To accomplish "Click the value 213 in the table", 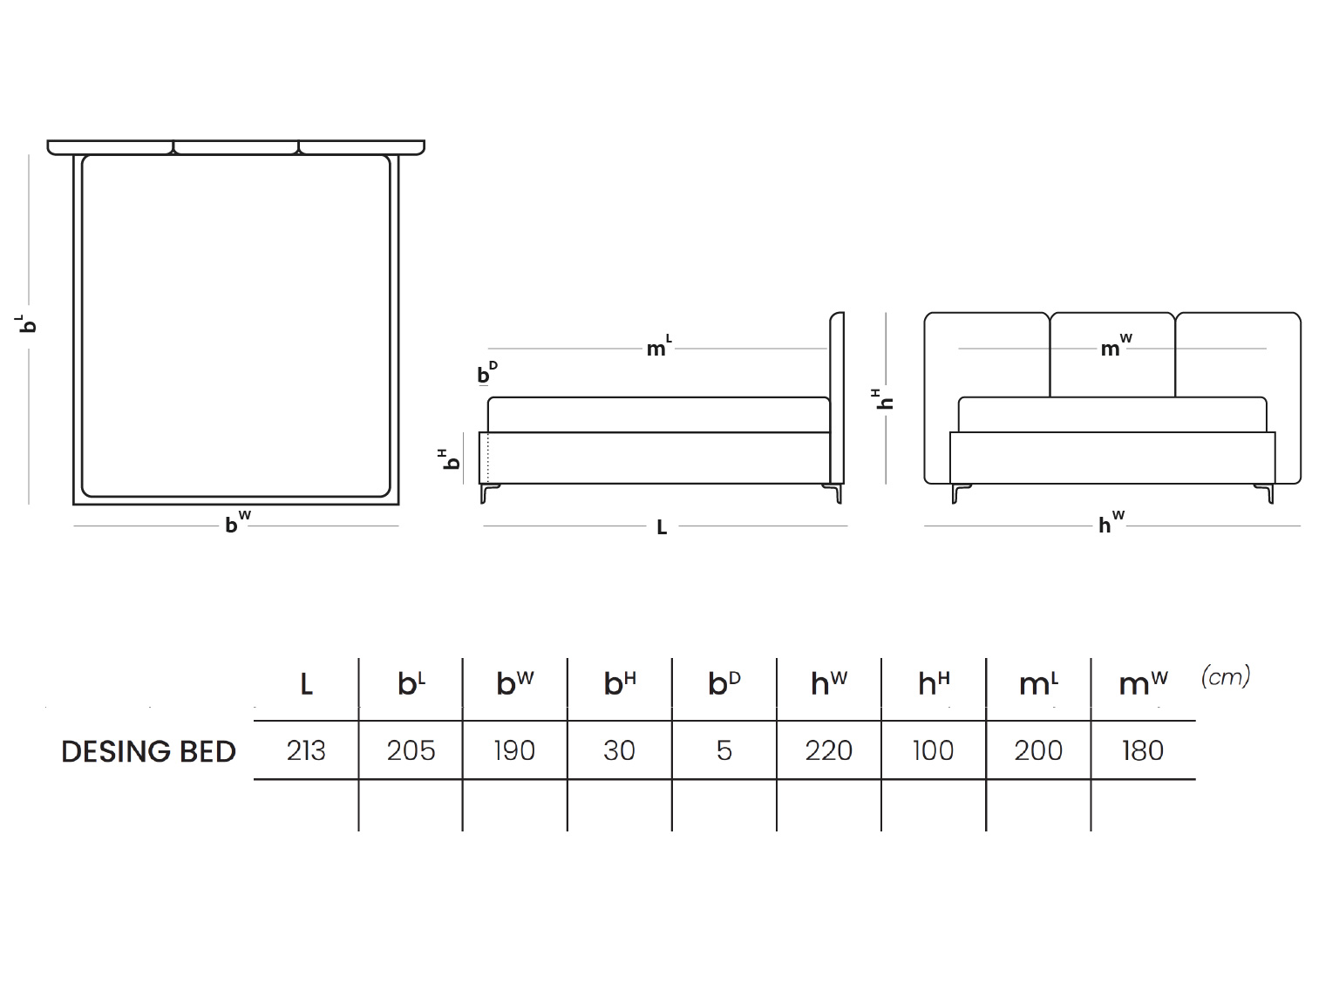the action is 306,750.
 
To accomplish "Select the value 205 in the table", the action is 411,750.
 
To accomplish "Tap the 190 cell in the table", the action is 514,750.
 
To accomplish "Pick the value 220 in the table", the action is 828,750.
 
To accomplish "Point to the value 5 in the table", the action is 724,750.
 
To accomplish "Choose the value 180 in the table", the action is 1143,750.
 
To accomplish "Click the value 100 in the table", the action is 933,750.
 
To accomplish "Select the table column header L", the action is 306,684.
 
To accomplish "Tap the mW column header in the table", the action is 1143,682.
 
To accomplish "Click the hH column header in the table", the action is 934,682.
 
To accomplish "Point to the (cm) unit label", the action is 1226,676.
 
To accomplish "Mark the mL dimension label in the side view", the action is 659,346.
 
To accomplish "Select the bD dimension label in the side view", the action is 486,372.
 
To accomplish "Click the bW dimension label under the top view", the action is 238,522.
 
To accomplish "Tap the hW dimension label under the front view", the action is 1111,522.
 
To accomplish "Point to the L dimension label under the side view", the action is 662,527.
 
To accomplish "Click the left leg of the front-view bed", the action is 960,493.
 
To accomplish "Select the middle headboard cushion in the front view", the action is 1112,355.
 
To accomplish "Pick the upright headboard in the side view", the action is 837,398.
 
